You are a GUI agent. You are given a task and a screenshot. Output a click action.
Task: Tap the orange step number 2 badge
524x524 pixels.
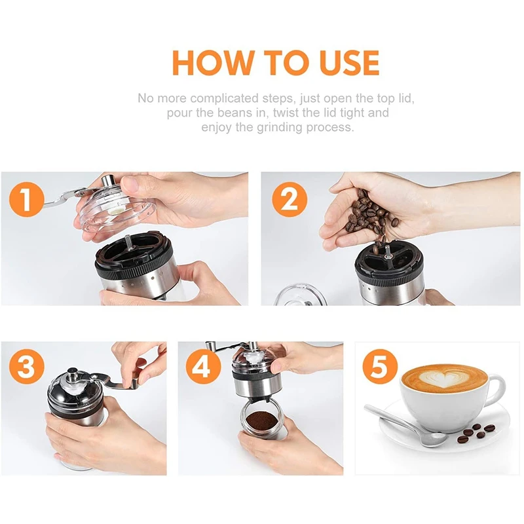pos(290,200)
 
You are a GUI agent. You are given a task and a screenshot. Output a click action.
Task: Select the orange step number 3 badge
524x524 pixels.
pos(26,367)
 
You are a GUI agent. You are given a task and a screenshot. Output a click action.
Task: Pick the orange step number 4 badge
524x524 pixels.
pos(203,367)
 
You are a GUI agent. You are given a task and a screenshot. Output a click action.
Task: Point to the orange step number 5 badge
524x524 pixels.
pos(381,367)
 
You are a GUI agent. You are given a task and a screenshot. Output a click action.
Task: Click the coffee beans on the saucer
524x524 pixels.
pos(477,432)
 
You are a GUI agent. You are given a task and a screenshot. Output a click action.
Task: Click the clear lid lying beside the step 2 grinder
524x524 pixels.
pos(300,294)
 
